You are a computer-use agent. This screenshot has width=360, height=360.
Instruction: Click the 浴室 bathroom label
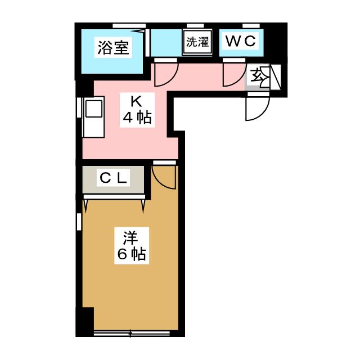pos(113,47)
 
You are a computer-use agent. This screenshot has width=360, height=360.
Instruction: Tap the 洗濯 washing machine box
pos(197,43)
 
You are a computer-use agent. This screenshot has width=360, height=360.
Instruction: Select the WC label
pos(240,41)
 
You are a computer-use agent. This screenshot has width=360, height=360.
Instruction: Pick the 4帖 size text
pos(137,118)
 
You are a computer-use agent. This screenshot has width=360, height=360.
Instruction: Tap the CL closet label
pos(114,178)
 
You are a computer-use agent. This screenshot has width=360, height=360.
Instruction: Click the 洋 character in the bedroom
pos(130,238)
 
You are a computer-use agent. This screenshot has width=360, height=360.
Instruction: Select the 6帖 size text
pos(132,254)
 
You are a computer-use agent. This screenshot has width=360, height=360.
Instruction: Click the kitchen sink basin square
pos(94,109)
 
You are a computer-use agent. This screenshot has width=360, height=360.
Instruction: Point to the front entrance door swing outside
pos(258,108)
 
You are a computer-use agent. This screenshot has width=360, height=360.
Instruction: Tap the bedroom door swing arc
pos(164,177)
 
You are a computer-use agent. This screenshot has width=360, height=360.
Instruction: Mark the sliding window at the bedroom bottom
pos(132,333)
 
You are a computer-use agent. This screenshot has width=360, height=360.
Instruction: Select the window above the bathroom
pos(129,26)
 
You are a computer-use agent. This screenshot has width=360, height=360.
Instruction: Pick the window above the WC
pos(251,25)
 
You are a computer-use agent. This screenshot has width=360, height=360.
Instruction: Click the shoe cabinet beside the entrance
pos(276,77)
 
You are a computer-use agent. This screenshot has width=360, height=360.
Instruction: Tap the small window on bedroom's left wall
pos(79,222)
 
